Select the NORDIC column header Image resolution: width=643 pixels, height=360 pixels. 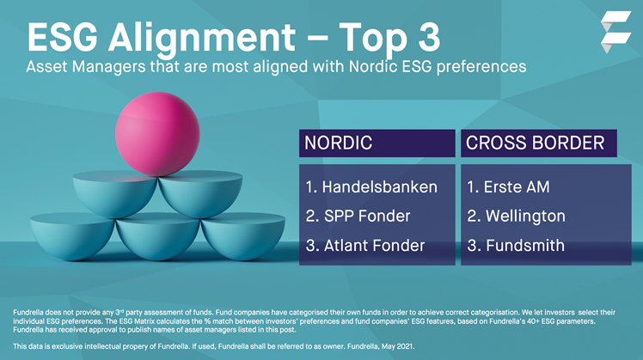click(340, 143)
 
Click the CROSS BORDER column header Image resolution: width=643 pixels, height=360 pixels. click(535, 143)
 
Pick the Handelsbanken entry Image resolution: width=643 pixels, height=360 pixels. click(370, 186)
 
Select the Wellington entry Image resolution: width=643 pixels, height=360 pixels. click(516, 216)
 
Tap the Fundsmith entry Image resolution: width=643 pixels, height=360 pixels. click(516, 246)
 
